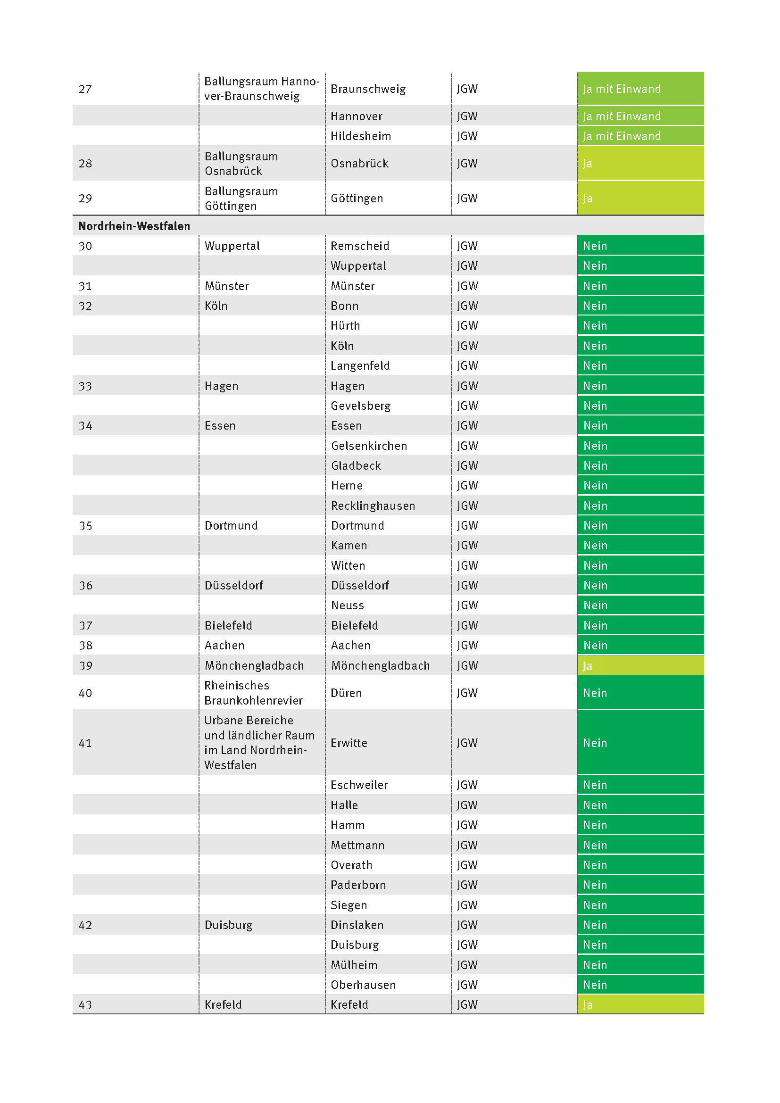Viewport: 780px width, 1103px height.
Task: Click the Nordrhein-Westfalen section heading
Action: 134,226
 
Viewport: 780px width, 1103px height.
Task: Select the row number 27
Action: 85,89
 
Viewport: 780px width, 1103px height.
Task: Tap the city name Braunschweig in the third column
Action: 368,89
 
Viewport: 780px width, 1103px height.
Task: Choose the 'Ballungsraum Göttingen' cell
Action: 241,199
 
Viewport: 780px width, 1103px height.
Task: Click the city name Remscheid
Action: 360,246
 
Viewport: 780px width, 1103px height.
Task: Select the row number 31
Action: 85,286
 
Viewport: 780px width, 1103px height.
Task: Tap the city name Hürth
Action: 345,326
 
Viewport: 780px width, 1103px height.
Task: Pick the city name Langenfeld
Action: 360,366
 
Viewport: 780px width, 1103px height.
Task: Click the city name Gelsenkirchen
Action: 369,446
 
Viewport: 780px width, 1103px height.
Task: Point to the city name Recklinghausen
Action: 373,506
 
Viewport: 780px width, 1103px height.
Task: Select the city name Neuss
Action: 347,605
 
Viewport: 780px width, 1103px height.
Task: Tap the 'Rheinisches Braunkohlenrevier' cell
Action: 253,693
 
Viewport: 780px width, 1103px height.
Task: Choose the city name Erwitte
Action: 349,743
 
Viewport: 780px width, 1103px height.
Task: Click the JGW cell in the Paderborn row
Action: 467,885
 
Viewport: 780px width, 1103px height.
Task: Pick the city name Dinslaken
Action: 357,925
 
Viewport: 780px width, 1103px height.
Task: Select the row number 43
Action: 85,1004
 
